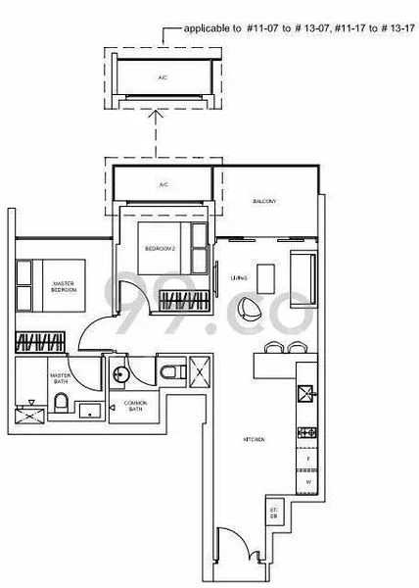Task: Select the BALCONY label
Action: click(x=264, y=202)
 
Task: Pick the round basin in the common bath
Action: click(x=119, y=373)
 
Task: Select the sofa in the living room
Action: click(x=303, y=270)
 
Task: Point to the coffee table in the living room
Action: click(x=262, y=272)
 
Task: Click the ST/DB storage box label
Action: click(x=274, y=514)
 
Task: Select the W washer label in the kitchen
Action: click(x=307, y=481)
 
